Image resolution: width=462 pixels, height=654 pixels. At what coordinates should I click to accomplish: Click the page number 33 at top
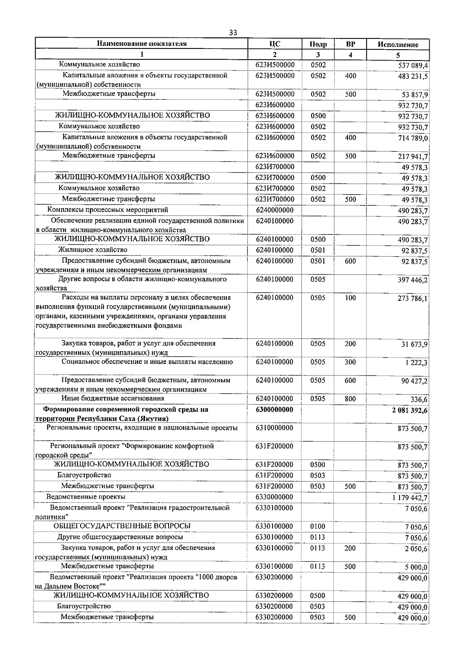tap(233, 32)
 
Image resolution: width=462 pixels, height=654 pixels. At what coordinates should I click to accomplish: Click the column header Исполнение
tap(398, 44)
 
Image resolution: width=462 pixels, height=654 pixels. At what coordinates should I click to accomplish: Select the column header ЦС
tap(275, 44)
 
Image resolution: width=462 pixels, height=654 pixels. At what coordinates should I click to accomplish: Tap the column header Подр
tap(318, 44)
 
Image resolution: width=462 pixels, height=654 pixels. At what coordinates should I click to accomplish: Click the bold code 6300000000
tap(274, 409)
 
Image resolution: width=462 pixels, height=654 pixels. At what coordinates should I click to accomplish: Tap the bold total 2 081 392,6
tap(410, 410)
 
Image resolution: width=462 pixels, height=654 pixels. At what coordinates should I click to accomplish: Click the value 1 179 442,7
tap(410, 498)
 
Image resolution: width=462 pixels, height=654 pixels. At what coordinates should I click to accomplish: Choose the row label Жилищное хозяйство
tap(92, 250)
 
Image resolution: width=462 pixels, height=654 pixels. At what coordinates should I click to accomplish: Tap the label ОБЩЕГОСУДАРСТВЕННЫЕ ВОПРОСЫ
tap(122, 526)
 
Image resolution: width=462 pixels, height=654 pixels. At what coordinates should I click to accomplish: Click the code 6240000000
tap(275, 210)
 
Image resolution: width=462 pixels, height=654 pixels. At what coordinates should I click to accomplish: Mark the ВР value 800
tap(350, 399)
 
